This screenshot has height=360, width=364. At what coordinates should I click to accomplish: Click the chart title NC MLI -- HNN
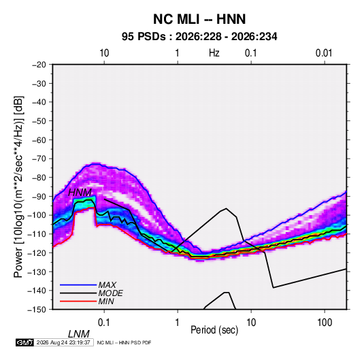(x=199, y=19)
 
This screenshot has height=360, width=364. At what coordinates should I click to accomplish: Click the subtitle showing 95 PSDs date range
(x=199, y=37)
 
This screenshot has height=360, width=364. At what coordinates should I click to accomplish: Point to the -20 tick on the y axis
(x=39, y=65)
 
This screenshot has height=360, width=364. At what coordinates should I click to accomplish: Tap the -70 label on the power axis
(x=39, y=159)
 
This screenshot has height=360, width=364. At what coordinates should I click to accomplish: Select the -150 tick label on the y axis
(x=37, y=310)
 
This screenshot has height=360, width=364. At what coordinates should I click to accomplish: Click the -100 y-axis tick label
(x=37, y=215)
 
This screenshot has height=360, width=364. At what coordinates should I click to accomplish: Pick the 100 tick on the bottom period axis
(x=325, y=323)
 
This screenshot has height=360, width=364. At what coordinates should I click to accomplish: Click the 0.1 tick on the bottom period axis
(x=104, y=323)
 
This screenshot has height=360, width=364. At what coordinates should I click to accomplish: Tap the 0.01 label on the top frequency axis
(x=324, y=53)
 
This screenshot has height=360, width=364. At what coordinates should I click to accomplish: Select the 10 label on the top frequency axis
(x=104, y=53)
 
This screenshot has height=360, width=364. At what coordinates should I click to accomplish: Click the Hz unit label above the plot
(x=214, y=53)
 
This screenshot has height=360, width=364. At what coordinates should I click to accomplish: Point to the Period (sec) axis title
(x=214, y=330)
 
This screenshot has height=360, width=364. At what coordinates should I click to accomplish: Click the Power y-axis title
(x=18, y=186)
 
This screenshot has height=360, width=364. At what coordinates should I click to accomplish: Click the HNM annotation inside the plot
(x=80, y=193)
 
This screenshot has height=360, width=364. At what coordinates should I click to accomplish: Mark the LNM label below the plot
(x=79, y=334)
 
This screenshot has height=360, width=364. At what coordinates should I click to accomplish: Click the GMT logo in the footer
(x=24, y=342)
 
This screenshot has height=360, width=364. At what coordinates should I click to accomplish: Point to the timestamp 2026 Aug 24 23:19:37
(x=63, y=342)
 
